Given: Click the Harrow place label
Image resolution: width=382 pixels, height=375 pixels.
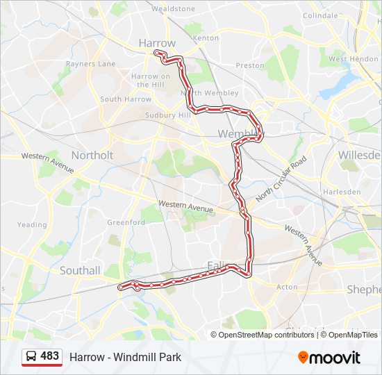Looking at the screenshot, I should click(157, 43).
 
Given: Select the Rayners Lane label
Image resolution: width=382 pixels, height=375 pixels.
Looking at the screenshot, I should click(90, 64).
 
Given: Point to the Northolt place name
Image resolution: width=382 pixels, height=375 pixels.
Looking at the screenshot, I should click(92, 155).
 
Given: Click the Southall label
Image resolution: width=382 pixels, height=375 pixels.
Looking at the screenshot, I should click(80, 270).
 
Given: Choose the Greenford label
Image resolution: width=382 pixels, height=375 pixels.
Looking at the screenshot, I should click(126, 222).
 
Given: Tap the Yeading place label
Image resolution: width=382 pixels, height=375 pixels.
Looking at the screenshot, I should click(32, 225).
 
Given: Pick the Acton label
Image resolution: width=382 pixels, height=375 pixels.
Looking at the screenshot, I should click(287, 287).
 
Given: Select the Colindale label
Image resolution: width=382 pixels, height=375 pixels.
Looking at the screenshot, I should click(319, 15).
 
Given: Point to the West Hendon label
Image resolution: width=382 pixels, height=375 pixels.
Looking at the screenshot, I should click(354, 59).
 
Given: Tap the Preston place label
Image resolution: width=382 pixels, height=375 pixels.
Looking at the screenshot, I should click(250, 66).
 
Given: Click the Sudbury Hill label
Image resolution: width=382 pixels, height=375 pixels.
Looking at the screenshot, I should click(167, 115).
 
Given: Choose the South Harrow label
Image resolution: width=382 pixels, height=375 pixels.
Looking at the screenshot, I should click(125, 99).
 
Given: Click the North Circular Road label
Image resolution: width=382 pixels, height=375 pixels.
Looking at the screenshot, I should click(280, 179).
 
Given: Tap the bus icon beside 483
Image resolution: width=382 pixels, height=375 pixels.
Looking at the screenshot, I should click(31, 357).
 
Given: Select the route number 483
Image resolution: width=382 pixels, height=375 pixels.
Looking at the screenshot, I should click(50, 356).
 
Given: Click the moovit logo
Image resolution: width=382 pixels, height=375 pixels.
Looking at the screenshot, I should click(329, 358).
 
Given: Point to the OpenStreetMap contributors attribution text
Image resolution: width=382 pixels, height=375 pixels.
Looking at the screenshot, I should click(265, 335).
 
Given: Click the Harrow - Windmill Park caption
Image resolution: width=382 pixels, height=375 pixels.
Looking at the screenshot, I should click(125, 357).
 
